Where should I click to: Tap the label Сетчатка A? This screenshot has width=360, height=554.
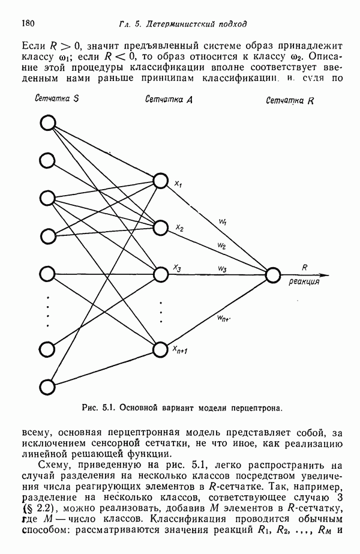(169, 100)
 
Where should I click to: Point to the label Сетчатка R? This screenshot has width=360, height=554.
(290, 101)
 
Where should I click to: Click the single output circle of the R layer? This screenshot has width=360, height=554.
(273, 275)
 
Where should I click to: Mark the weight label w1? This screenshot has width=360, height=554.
(223, 223)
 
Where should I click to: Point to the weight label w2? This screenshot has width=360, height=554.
(222, 246)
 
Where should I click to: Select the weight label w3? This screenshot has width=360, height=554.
(222, 268)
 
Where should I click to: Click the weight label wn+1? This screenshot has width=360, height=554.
(225, 318)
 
